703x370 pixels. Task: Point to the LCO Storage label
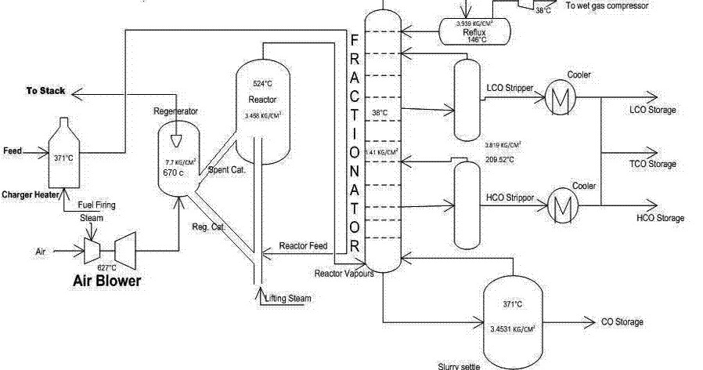point(652,111)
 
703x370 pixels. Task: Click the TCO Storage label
point(652,164)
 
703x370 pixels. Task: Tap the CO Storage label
point(622,322)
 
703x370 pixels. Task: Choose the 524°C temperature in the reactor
point(262,84)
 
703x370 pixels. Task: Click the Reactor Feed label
point(303,246)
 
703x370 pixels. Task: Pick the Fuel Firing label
point(96,205)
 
